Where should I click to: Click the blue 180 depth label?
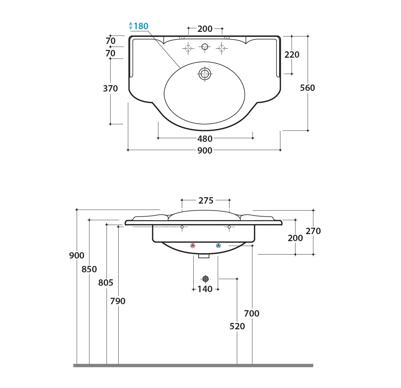tap(141, 26)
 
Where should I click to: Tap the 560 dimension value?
tap(308, 88)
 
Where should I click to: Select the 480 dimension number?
tap(205, 139)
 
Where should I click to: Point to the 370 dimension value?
tap(111, 88)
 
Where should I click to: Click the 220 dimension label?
tap(292, 55)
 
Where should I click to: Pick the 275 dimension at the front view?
tap(206, 201)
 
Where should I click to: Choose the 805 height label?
tap(106, 283)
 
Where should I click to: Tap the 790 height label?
tap(118, 301)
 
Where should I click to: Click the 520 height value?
tap(237, 326)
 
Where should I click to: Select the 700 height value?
tap(252, 313)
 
